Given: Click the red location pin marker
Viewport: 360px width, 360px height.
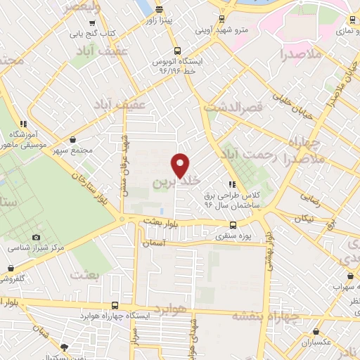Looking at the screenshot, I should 181,165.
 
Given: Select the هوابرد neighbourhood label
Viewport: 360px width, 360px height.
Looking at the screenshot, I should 171,309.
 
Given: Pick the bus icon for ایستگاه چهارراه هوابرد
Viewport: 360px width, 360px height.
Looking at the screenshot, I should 115,306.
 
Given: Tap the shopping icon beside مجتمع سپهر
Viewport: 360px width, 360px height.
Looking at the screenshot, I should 75,139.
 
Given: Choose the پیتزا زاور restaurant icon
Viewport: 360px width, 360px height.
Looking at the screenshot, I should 160,10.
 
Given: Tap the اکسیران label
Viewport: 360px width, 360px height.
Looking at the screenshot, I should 317,342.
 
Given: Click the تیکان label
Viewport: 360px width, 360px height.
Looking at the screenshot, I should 303,219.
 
